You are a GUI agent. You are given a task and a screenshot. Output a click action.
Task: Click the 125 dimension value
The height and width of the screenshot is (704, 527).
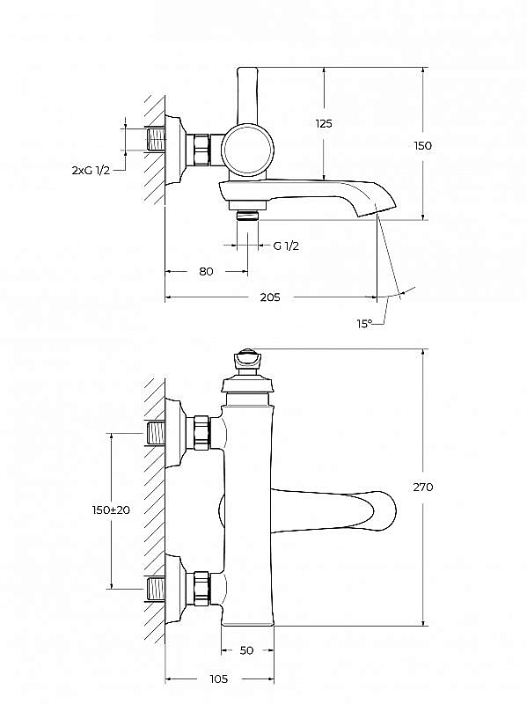click(324, 123)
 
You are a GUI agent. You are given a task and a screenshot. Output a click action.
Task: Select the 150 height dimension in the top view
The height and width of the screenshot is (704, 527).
click(422, 145)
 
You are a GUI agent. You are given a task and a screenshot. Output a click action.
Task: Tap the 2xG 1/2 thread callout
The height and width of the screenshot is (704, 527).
click(91, 170)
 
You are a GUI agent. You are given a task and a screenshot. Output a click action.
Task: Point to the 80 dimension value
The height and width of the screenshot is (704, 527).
click(206, 271)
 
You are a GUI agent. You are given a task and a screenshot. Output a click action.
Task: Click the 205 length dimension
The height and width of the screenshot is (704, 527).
click(270, 297)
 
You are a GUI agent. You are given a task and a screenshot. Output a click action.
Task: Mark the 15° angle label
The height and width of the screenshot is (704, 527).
click(364, 323)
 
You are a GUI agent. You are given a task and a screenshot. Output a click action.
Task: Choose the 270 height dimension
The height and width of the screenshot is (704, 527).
click(423, 487)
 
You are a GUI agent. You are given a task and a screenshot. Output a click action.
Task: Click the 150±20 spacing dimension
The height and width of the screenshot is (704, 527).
click(111, 510)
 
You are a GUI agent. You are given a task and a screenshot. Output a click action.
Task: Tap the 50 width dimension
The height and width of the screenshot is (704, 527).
click(247, 650)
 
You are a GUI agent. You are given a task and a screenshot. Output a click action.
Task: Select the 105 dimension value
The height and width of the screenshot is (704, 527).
click(218, 678)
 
